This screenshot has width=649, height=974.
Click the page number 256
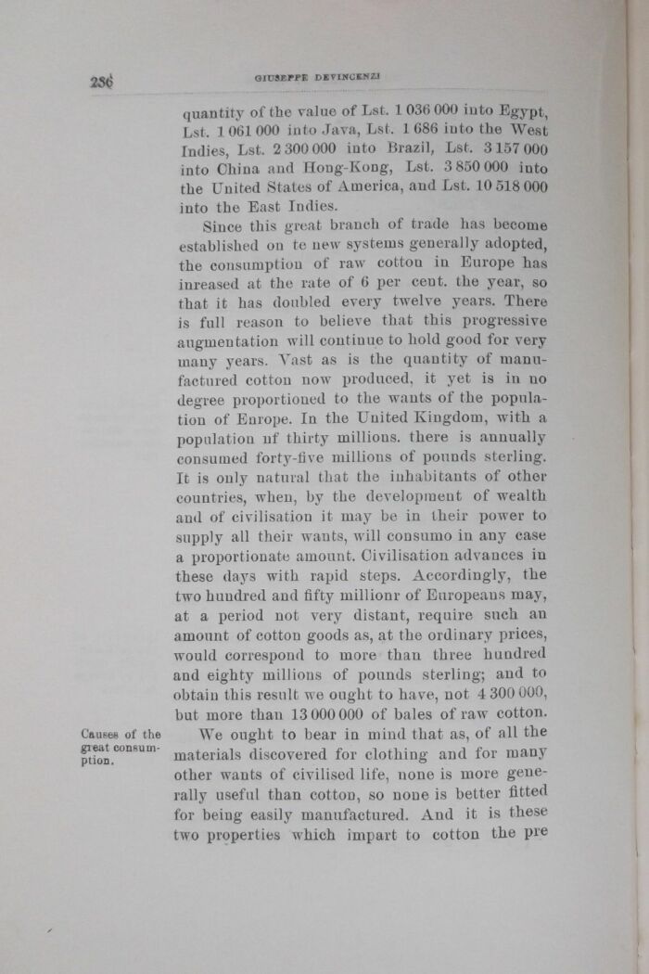[101, 81]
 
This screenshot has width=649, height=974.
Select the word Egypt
[524, 113]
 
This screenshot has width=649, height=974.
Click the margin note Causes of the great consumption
[121, 749]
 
